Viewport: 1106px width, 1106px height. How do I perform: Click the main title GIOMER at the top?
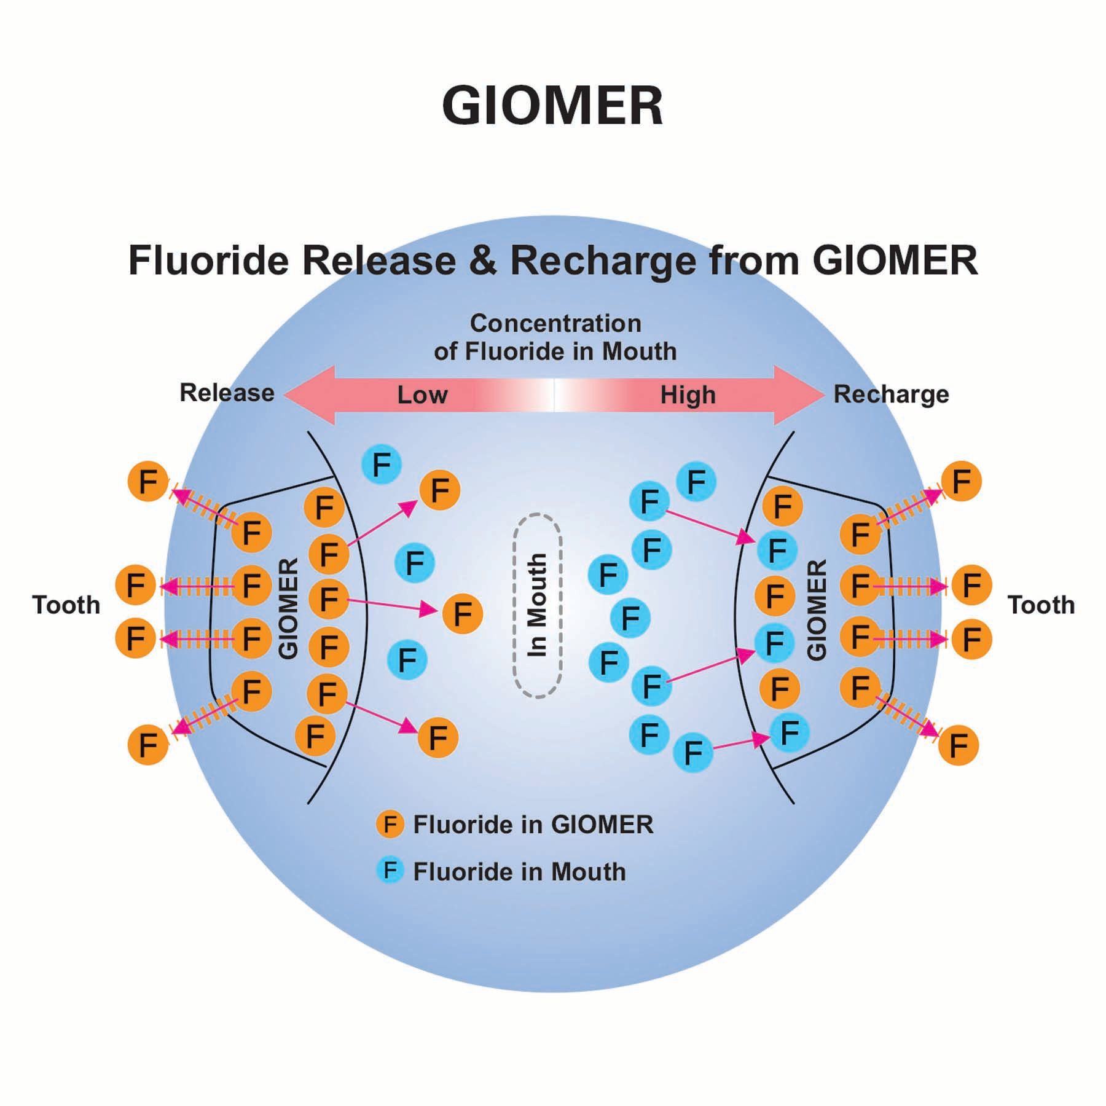point(552,106)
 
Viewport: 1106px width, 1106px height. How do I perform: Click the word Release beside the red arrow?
point(227,393)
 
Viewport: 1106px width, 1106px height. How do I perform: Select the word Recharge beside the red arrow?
point(890,394)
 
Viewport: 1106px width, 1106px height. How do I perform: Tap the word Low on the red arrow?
point(422,395)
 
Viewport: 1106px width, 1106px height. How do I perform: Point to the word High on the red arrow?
point(688,395)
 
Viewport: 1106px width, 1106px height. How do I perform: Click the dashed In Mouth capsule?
point(538,605)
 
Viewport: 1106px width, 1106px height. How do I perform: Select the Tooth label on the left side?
point(66,605)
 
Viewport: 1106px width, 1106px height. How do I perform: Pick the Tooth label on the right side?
point(1041,605)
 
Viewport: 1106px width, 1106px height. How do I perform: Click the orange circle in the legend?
point(390,824)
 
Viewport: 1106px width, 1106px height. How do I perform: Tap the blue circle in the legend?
point(390,871)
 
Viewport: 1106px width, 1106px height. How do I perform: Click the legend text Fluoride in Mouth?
point(519,872)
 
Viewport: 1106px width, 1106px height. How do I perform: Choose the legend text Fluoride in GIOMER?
point(533,825)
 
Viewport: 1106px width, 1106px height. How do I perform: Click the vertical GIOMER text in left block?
point(288,608)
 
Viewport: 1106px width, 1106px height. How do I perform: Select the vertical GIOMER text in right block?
point(816,610)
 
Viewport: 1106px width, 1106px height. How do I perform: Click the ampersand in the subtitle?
point(483,261)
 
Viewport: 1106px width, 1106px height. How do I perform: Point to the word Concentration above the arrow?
point(555,323)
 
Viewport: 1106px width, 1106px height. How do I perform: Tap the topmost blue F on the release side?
point(382,465)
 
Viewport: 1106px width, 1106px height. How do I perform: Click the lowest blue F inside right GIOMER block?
point(790,732)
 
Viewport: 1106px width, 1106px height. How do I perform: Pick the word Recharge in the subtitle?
point(603,261)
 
